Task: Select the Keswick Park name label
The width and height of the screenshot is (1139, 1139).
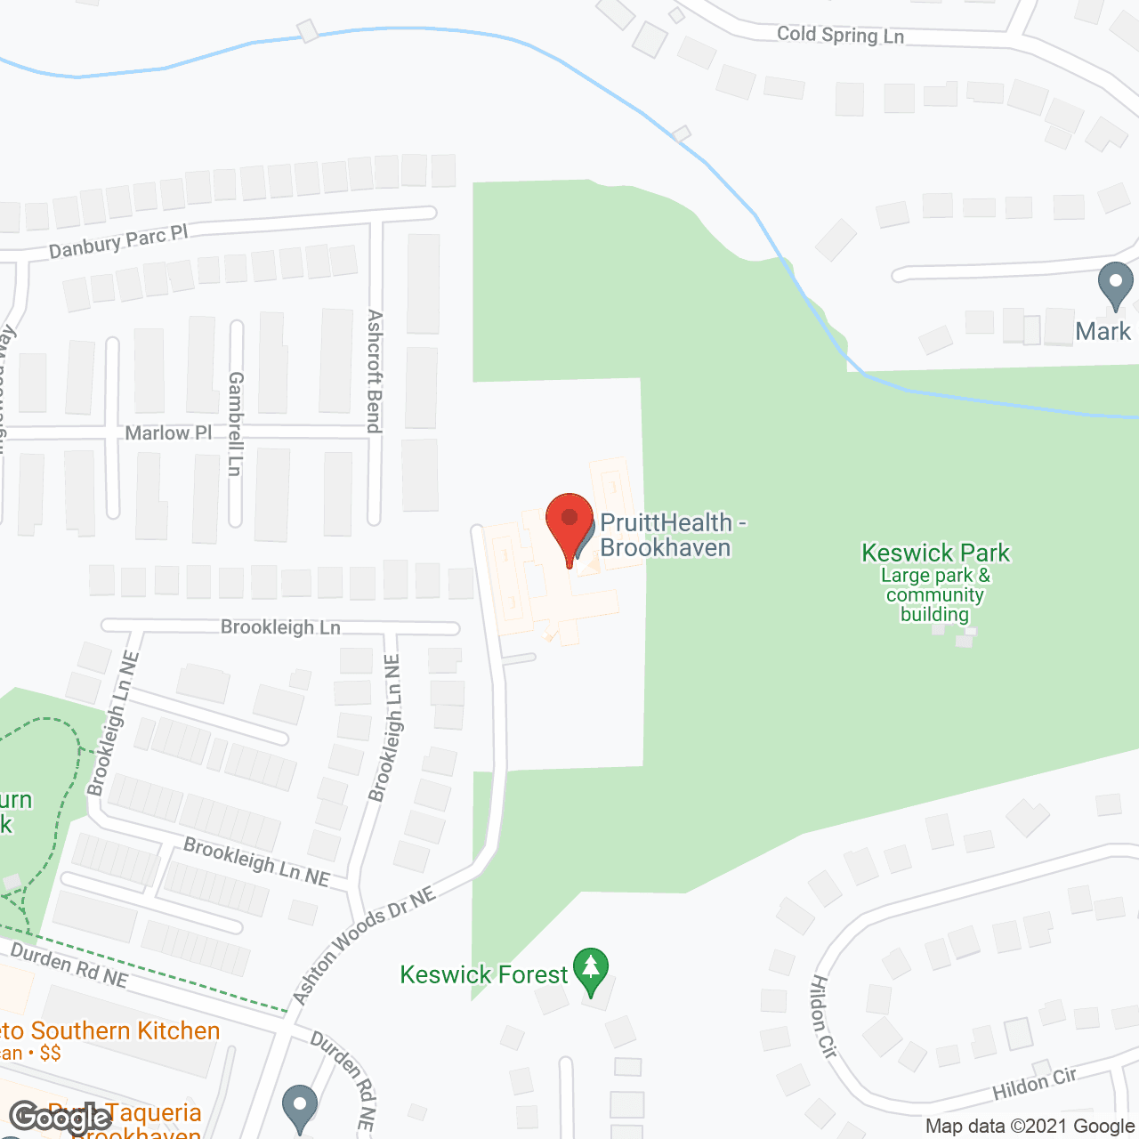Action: (935, 553)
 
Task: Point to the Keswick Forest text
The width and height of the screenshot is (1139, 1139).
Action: (483, 975)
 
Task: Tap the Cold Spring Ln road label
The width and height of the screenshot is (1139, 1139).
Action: (840, 35)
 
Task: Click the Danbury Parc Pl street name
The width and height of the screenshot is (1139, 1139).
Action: (118, 241)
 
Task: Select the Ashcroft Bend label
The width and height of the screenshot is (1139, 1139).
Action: (375, 371)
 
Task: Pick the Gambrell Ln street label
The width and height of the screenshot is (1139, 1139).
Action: (235, 424)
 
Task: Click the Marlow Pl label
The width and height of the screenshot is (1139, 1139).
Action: (168, 433)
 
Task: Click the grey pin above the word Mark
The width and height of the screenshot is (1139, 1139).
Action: (1115, 286)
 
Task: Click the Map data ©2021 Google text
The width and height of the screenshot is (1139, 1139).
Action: (1030, 1127)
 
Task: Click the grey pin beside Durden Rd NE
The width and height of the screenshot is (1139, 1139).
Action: (300, 1109)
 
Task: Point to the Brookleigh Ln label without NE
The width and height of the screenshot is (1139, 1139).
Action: (280, 627)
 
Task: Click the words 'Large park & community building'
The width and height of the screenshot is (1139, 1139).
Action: (934, 594)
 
